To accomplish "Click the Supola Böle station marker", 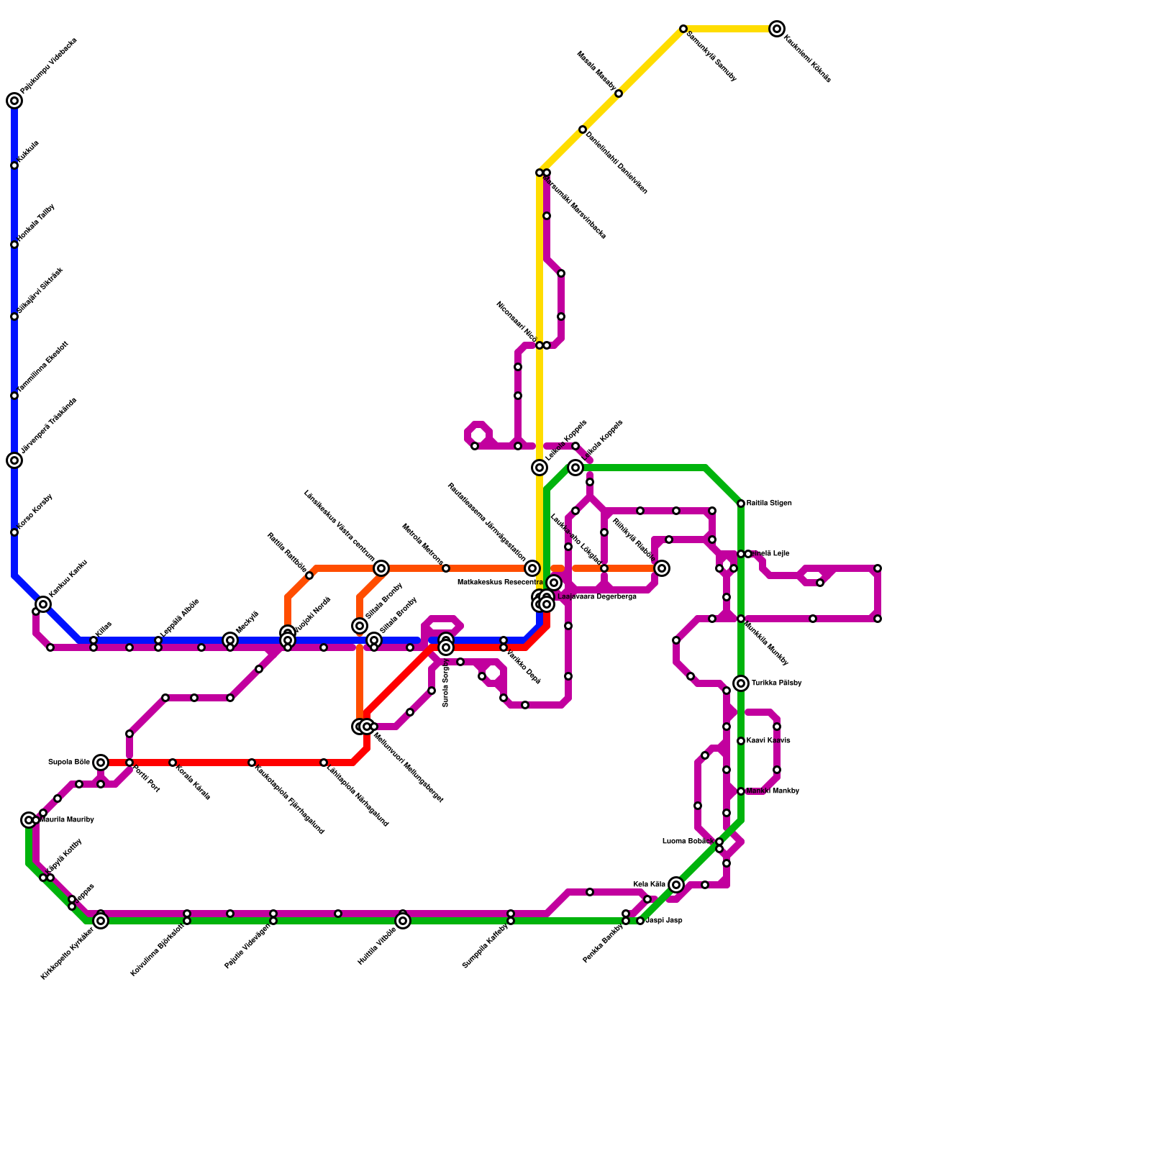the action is [x=101, y=763].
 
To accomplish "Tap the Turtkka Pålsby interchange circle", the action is [x=741, y=683].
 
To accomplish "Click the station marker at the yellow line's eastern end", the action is [x=777, y=29].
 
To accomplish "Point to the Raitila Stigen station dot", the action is [x=741, y=504].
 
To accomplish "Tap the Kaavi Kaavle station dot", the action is [x=741, y=741].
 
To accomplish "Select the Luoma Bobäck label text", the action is [x=688, y=842].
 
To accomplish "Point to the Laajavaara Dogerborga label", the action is [x=597, y=597].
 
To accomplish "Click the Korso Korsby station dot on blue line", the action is [x=14, y=532].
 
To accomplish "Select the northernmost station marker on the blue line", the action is [x=14, y=101].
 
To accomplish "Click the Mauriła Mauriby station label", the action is [x=67, y=820].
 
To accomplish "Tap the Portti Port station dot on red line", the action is [x=129, y=763].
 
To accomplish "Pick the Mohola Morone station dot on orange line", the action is [x=446, y=568].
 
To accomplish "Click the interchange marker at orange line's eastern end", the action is [x=662, y=568].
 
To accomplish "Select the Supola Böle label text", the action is [x=68, y=763].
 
